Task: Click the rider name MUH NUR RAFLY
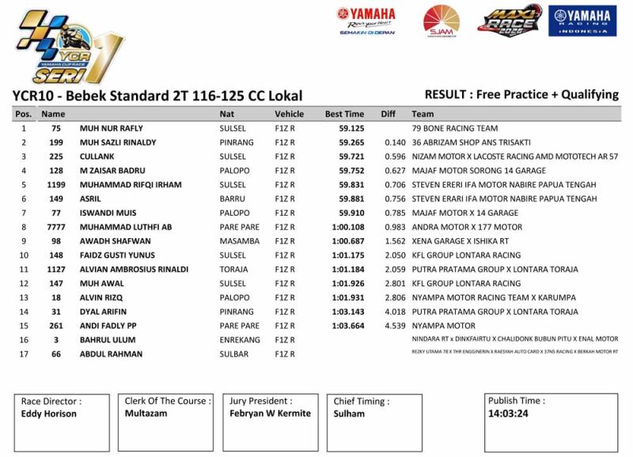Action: (x=111, y=128)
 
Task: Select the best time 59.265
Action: (x=351, y=142)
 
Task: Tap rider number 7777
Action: (x=55, y=227)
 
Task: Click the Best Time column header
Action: (x=344, y=114)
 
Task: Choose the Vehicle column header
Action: (x=289, y=114)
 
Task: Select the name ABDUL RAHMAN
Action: (x=111, y=354)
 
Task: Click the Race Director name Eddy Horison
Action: (x=48, y=414)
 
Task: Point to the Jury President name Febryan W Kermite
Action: (x=270, y=414)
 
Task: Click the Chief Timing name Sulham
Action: (x=349, y=414)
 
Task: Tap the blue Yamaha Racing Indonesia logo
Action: (x=582, y=21)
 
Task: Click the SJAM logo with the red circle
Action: (x=441, y=21)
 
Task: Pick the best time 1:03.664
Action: (x=348, y=326)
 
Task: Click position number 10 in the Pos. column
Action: (x=24, y=255)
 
